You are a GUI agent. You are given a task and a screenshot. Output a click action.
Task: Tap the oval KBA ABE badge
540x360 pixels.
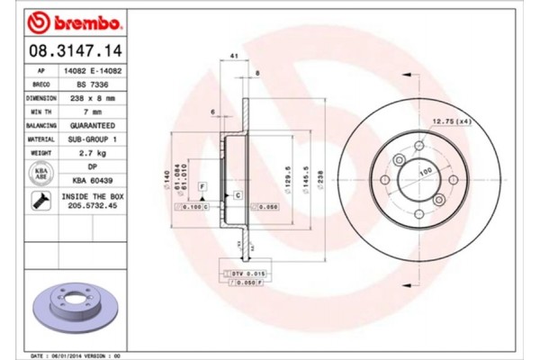click(x=41, y=175)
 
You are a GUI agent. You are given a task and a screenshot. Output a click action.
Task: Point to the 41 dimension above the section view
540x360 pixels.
click(x=233, y=57)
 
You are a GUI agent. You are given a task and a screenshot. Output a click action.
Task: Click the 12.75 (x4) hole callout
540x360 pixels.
click(x=450, y=121)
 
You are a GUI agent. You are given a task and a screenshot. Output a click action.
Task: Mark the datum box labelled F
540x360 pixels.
click(x=202, y=185)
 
